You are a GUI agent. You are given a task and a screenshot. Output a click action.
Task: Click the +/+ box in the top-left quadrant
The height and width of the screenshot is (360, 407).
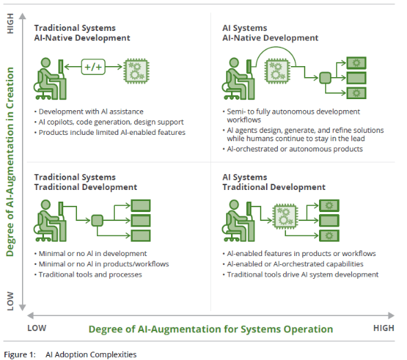tap(93, 67)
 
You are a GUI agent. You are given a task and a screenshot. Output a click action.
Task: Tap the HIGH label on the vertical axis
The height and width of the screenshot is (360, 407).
tap(10, 23)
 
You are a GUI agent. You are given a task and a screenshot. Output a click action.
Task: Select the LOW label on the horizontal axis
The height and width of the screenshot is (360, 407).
tap(37, 328)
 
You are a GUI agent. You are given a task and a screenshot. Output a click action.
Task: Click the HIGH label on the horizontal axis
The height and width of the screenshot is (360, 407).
tap(384, 328)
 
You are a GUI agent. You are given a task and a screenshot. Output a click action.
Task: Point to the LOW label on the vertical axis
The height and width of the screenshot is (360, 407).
tap(10, 301)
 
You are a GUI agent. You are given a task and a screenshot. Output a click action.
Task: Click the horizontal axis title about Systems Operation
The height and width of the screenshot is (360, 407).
tap(211, 329)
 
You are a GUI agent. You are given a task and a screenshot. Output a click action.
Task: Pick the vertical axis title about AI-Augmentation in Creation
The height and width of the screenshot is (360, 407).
tap(10, 162)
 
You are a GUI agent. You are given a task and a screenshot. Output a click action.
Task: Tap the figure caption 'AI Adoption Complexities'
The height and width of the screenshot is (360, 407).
tap(91, 354)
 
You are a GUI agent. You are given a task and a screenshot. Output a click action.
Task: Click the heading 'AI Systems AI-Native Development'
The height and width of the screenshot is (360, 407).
tap(270, 33)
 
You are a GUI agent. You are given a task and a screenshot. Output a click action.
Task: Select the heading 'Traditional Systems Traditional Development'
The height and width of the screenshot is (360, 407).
tap(85, 182)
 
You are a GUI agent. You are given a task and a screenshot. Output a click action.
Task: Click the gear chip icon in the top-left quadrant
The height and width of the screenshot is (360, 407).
tap(137, 71)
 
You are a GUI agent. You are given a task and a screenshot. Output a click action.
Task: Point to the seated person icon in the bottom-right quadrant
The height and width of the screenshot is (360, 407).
tap(238, 220)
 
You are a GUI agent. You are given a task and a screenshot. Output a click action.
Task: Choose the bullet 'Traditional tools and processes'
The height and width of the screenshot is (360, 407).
tap(90, 275)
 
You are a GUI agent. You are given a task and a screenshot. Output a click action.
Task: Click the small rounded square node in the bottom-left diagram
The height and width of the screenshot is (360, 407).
tap(97, 221)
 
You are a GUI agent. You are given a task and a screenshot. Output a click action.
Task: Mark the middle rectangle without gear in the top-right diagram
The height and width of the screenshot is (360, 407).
tap(356, 78)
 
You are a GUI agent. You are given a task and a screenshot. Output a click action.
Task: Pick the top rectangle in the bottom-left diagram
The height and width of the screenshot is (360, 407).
tap(141, 206)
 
